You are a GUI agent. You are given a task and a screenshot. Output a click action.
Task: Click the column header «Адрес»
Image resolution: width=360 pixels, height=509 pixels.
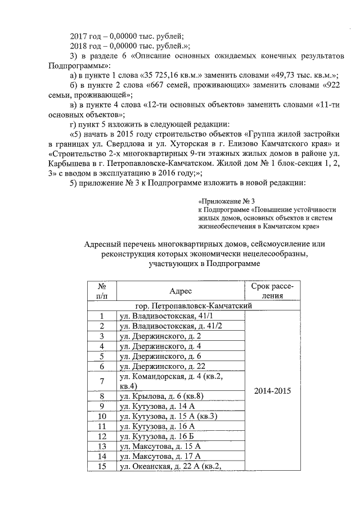coord(181,291)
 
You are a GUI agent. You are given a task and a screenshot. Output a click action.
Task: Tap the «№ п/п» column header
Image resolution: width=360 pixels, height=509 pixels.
coord(102,291)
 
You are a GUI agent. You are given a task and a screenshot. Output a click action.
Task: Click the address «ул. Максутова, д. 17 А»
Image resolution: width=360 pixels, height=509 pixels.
coord(161,456)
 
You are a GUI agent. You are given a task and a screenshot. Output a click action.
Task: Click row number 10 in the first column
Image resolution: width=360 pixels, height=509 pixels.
coord(102,416)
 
